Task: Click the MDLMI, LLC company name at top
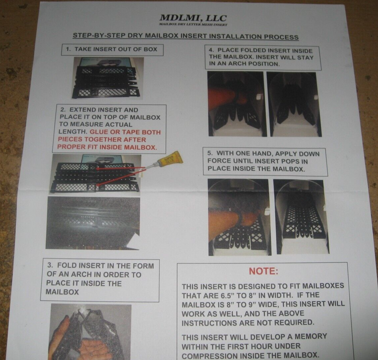tap(193, 18)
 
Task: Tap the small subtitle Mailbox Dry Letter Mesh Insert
tap(193, 24)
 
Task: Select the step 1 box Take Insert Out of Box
tap(112, 50)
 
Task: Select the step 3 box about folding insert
tap(100, 279)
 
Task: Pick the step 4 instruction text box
tap(262, 57)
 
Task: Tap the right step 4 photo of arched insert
tap(294, 104)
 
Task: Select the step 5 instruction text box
tap(265, 161)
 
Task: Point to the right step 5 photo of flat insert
tap(301, 217)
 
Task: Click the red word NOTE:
tap(263, 271)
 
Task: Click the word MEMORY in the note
tap(307, 336)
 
